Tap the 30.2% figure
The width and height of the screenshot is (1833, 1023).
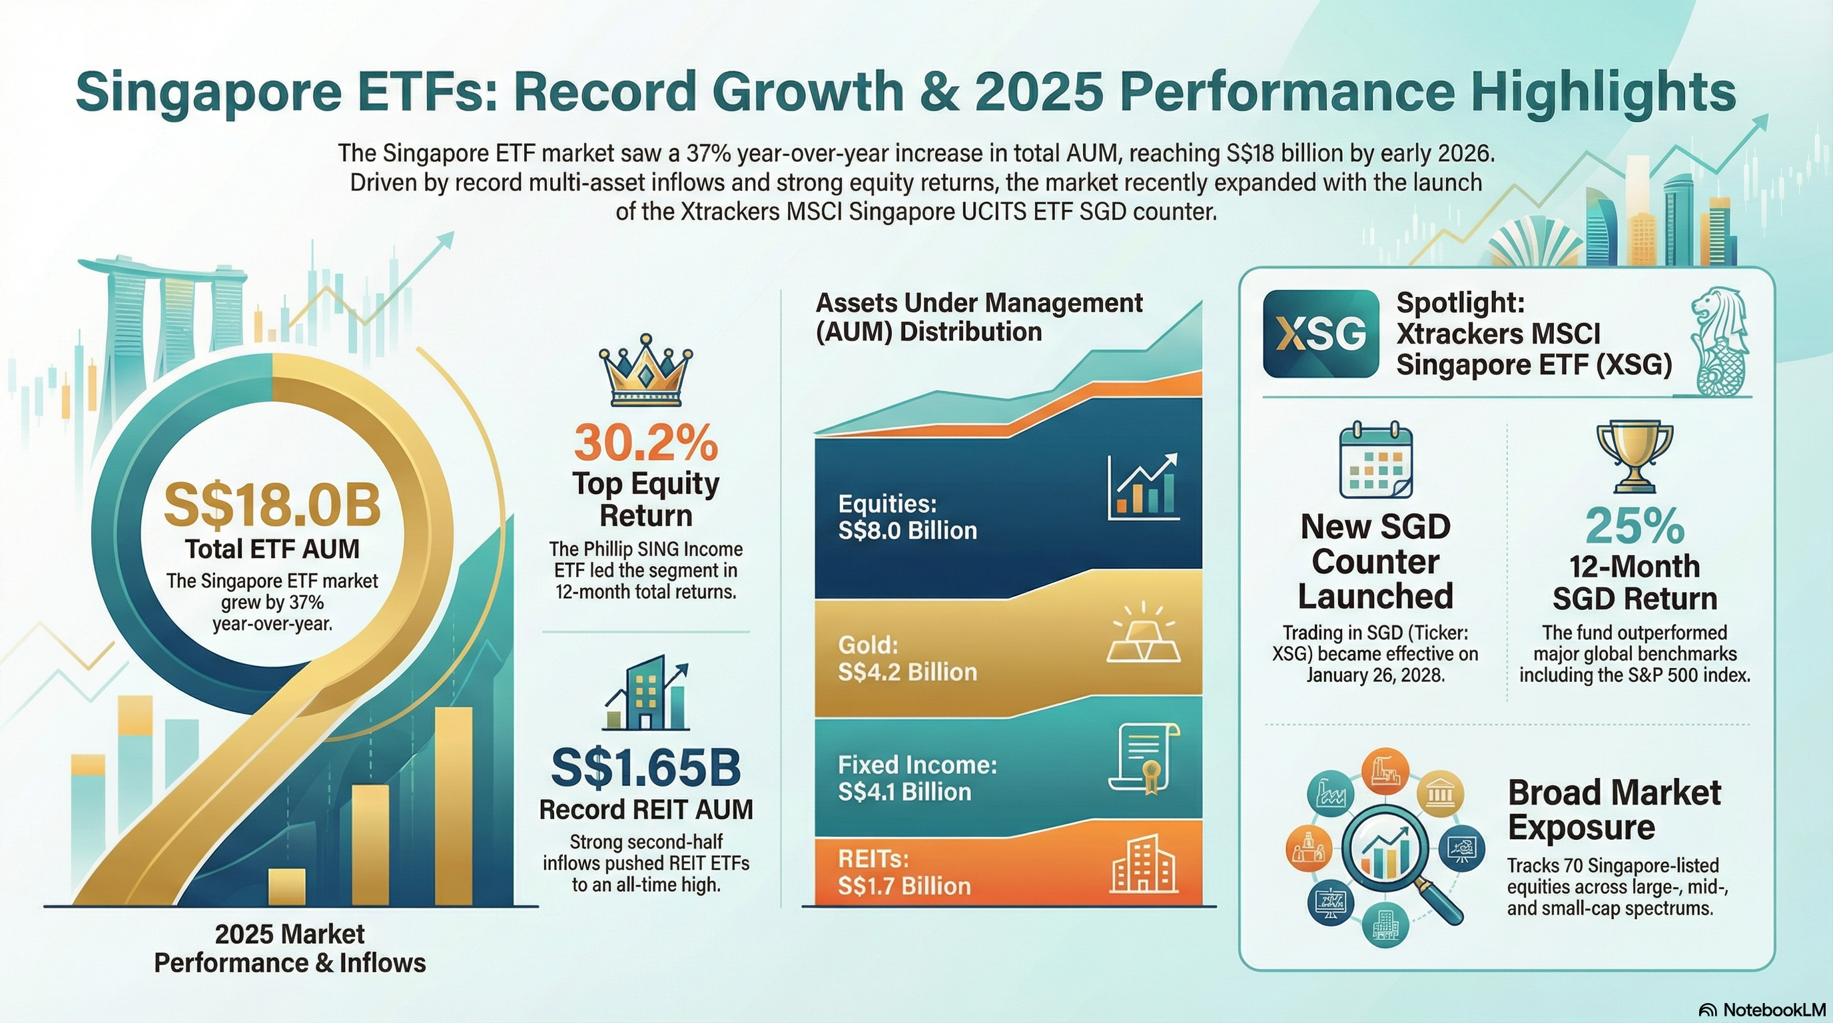tap(645, 442)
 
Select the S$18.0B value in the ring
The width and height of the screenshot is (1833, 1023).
tap(272, 506)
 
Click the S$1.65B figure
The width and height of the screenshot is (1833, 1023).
tap(645, 768)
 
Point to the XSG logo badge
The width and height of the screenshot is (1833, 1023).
tap(1321, 334)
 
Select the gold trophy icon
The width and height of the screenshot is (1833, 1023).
tap(1635, 456)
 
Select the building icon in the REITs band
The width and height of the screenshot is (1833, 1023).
tap(1144, 866)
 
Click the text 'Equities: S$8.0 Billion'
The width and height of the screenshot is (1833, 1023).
tap(907, 517)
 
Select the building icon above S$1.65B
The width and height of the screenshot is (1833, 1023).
tap(645, 693)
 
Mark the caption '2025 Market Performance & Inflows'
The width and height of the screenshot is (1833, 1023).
tap(290, 948)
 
